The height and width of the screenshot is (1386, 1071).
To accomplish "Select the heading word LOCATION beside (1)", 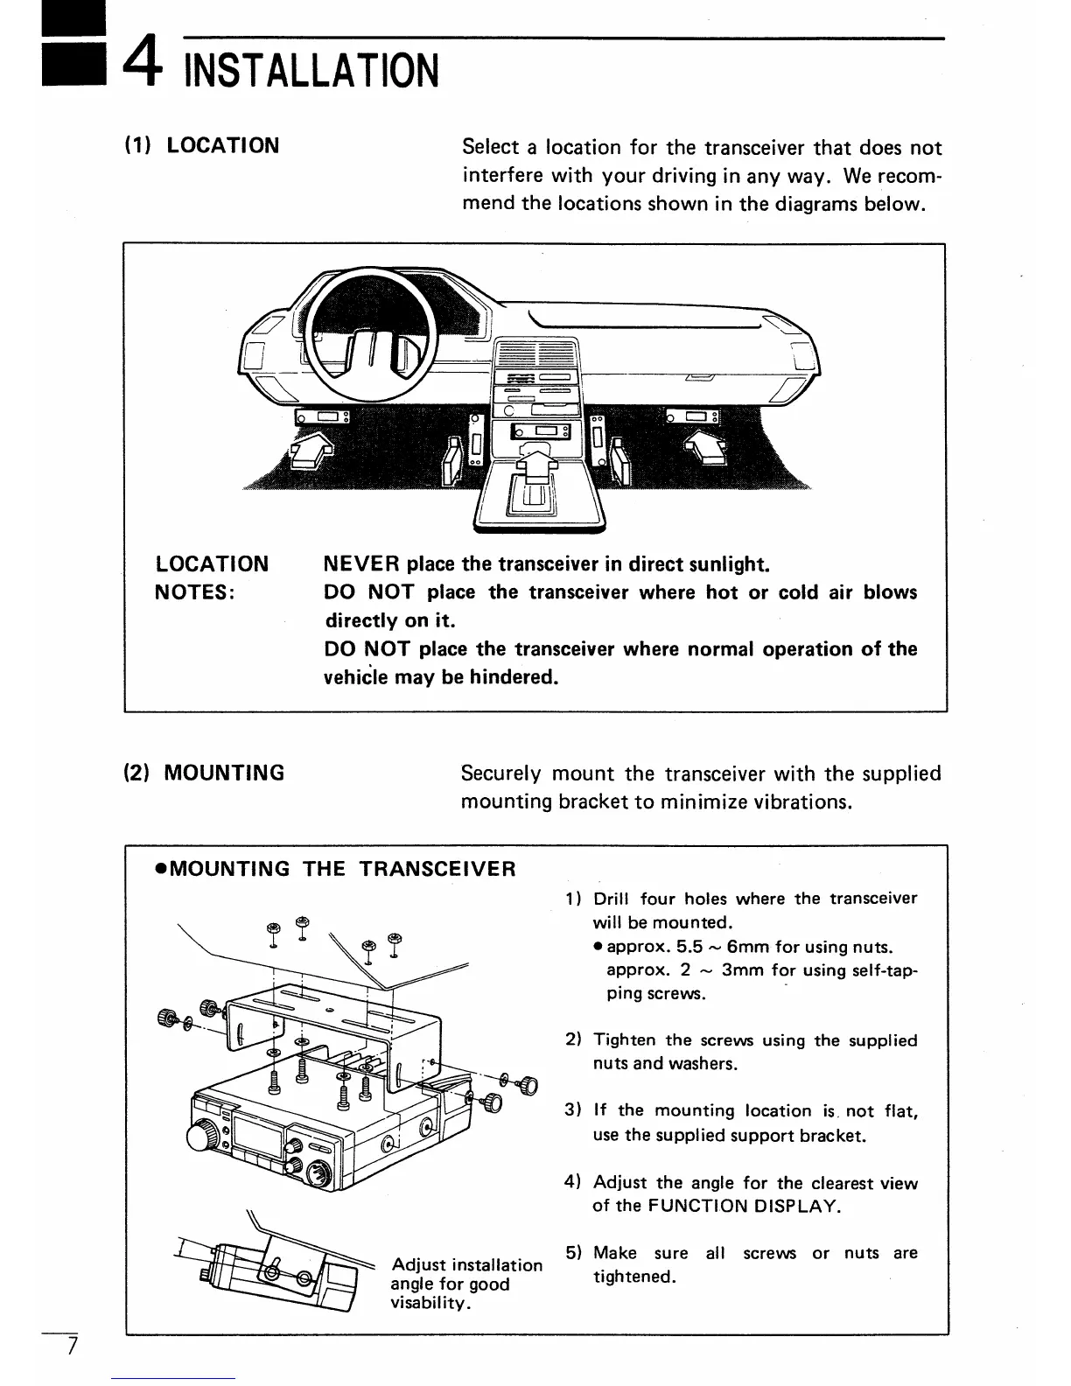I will [223, 145].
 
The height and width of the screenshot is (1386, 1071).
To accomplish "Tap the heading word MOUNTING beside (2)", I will [224, 773].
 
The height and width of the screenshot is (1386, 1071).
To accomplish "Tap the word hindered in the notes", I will [512, 677].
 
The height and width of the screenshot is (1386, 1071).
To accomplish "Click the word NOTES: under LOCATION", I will [194, 592].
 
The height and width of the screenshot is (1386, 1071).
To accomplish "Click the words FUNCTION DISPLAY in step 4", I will [744, 1206].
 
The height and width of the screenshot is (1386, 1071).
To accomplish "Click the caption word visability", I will [431, 1304].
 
